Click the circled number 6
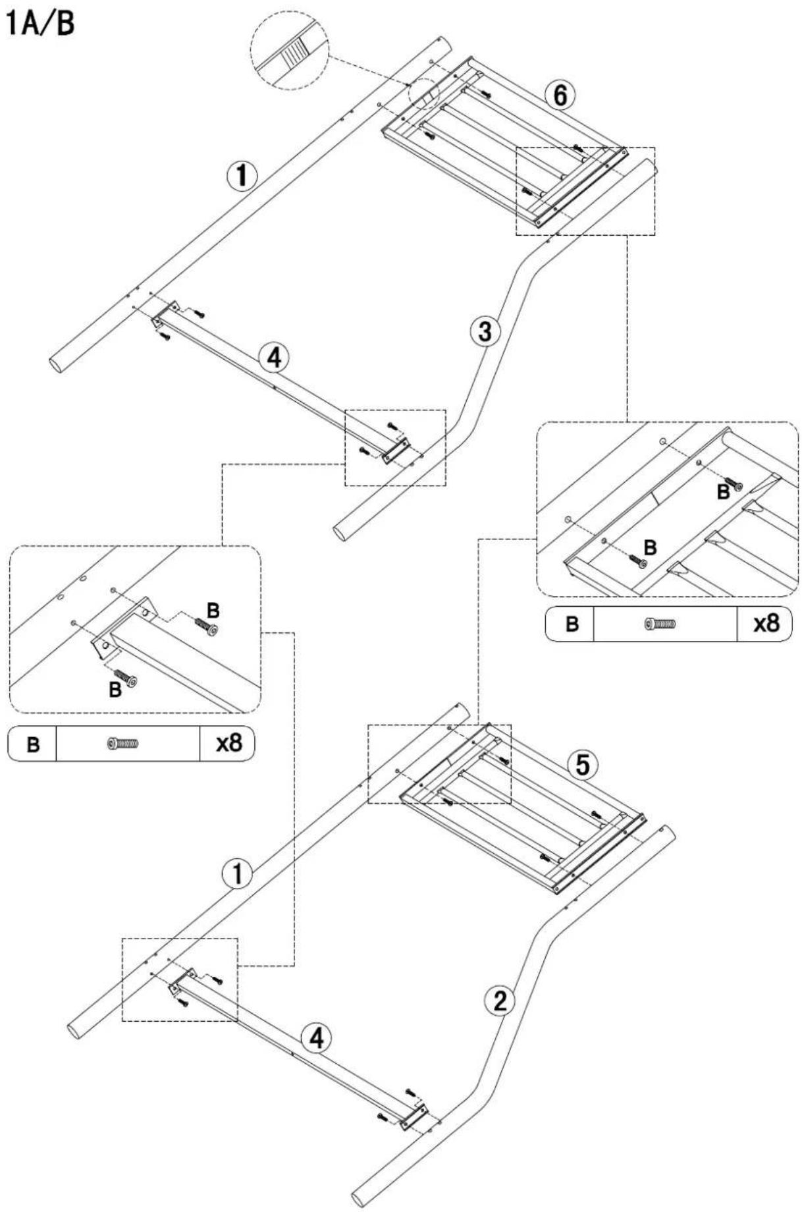click(559, 96)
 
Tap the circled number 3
click(485, 331)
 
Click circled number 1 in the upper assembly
click(242, 176)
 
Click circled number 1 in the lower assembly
click(235, 874)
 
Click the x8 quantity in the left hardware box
click(228, 744)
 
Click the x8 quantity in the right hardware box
click(765, 623)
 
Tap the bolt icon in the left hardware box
click(122, 744)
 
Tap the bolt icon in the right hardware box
click(660, 623)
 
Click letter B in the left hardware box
click(33, 744)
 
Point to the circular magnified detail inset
click(291, 50)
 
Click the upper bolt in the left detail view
click(207, 626)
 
